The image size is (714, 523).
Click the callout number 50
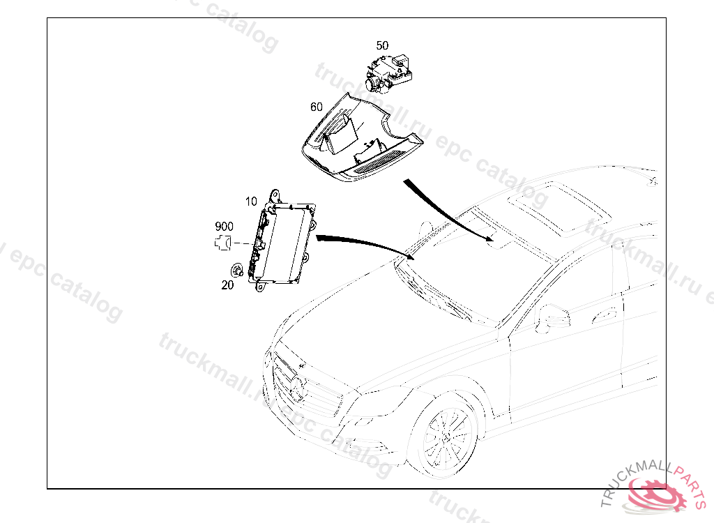click(382, 45)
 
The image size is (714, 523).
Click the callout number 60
click(317, 107)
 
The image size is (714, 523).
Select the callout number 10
click(251, 202)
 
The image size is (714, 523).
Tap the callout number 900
click(224, 227)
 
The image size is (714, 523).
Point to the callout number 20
click(228, 285)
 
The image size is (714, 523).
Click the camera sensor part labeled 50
click(388, 73)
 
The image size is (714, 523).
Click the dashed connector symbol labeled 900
click(222, 243)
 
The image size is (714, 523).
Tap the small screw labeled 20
click(237, 271)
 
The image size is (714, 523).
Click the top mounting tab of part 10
click(275, 196)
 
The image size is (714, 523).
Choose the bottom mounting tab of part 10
click(260, 287)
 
